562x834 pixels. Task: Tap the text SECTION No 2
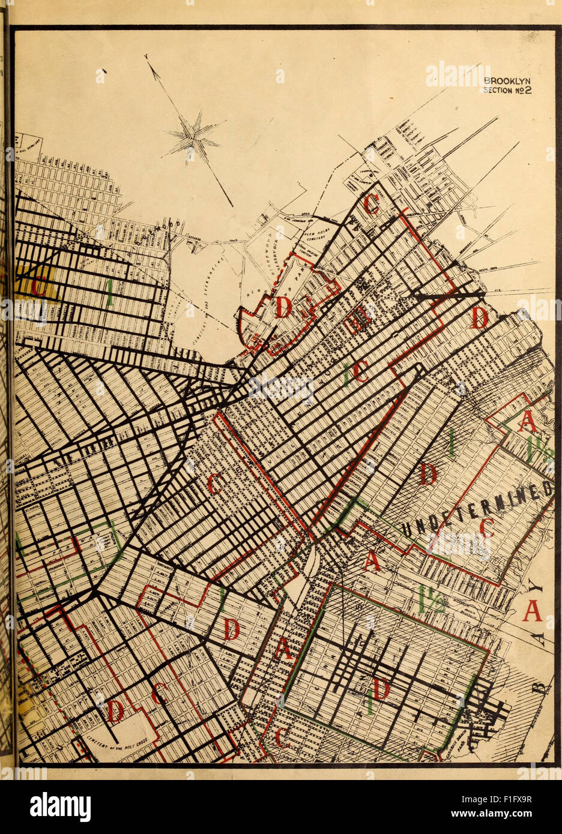coord(508,91)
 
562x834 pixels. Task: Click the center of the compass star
coord(193,137)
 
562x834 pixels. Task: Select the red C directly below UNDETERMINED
coord(486,527)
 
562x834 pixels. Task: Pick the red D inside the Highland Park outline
coord(283,308)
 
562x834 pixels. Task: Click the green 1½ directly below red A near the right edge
coord(531,451)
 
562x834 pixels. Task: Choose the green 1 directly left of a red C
coord(347,374)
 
